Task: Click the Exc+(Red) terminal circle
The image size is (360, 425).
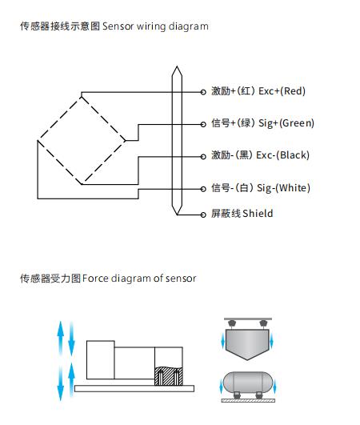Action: point(203,92)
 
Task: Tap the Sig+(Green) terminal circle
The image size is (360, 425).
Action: point(203,124)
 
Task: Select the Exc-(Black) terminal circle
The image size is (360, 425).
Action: point(203,157)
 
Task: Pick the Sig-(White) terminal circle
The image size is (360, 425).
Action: point(203,189)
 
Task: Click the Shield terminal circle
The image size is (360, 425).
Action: point(203,215)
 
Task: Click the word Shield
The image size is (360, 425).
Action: point(258,214)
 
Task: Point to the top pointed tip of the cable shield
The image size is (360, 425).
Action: point(177,66)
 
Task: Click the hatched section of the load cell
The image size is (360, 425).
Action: point(169,376)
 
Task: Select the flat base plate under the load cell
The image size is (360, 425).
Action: point(134,388)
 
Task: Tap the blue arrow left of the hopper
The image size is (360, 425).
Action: point(223,341)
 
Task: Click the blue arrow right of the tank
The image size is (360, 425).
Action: point(274,387)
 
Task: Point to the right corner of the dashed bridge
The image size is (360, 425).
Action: point(125,141)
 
